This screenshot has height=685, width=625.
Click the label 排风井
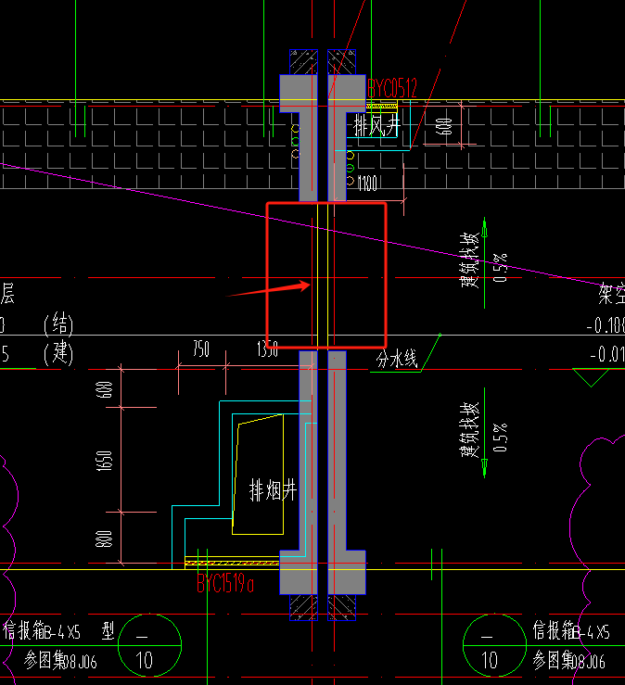[x=375, y=124]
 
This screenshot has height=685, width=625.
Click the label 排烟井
[x=273, y=490]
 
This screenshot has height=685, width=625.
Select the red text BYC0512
[x=393, y=88]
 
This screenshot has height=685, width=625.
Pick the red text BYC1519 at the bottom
[x=225, y=584]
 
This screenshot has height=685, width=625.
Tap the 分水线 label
[x=398, y=360]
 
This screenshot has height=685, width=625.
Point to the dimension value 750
[x=201, y=349]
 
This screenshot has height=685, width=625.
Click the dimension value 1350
[x=267, y=349]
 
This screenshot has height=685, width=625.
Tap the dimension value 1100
[x=367, y=184]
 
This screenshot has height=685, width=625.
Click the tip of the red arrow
[x=310, y=284]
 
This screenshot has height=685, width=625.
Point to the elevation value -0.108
[x=606, y=325]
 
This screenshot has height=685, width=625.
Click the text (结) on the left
[x=57, y=325]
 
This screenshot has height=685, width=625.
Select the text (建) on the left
[x=57, y=354]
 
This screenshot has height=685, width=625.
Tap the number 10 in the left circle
[x=144, y=661]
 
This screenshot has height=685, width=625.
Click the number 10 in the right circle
[x=489, y=661]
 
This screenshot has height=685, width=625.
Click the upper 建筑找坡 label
[x=471, y=259]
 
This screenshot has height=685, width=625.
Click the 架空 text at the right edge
[x=611, y=296]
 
